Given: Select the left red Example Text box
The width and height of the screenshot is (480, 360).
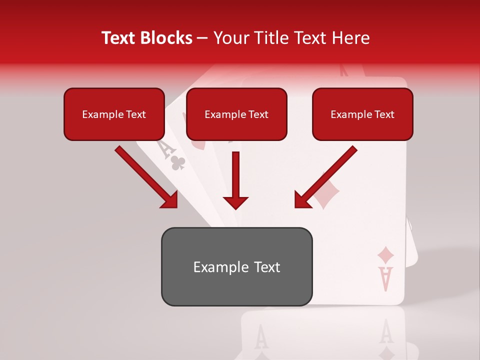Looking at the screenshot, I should point(114,114).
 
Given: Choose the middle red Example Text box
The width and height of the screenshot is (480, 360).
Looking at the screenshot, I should point(236,114).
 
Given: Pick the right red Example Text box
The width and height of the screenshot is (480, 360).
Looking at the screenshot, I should point(362,114).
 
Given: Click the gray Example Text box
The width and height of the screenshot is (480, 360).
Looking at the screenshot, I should point(236,267).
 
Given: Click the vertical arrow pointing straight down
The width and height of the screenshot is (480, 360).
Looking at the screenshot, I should point(236,180).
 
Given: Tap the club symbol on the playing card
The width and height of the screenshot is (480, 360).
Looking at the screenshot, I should point(178,162).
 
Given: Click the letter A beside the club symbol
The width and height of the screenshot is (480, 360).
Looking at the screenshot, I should point(163,148).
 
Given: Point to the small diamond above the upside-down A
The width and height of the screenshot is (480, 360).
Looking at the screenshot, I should point(385,255).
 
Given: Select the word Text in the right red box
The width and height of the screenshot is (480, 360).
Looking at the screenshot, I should point(384,114).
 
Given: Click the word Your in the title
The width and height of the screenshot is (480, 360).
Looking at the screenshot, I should point(229,38).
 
